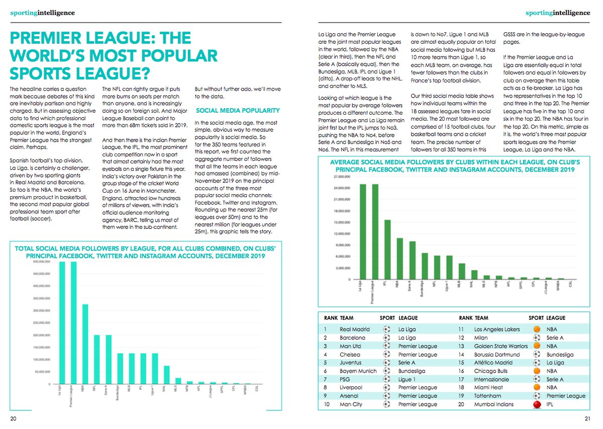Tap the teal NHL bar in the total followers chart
[166, 375]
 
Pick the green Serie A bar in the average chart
[412, 260]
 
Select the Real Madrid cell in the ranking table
[355, 329]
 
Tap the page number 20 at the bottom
[13, 419]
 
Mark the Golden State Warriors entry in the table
[501, 346]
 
